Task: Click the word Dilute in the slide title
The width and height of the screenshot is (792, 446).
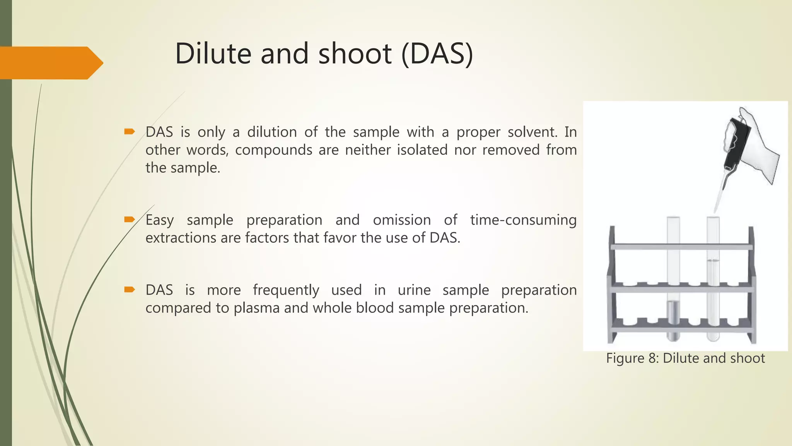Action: [x=213, y=53]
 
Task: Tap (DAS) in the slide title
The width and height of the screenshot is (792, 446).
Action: [x=437, y=54]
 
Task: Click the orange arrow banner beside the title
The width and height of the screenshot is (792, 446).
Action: [x=50, y=63]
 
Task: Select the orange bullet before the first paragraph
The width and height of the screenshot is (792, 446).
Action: [x=129, y=132]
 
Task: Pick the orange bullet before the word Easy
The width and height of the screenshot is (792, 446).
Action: [x=129, y=220]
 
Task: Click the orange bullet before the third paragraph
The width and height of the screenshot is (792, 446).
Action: [x=129, y=290]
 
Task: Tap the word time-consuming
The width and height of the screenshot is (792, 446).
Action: [x=523, y=220]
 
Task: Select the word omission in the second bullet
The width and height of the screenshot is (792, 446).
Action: [x=401, y=220]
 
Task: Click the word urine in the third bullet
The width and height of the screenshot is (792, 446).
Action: [x=414, y=290]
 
